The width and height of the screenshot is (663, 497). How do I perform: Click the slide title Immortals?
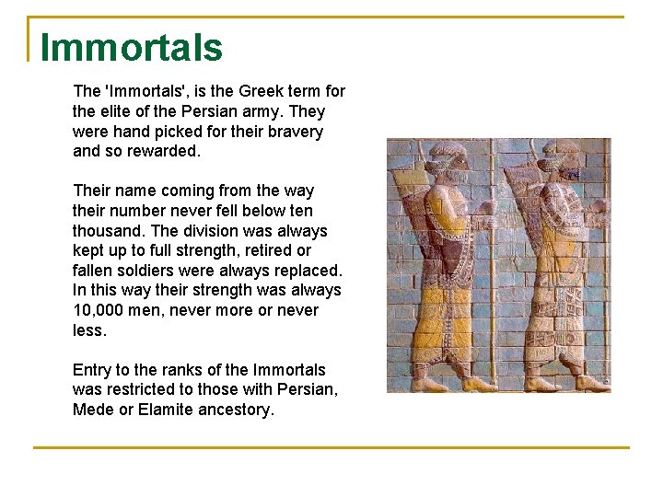coord(131,48)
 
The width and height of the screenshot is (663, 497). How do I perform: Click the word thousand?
coord(108,231)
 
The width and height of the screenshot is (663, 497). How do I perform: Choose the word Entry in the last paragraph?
coord(93,370)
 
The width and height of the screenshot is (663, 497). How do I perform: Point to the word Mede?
coord(93,410)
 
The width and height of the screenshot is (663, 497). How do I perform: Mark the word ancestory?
coord(236,410)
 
